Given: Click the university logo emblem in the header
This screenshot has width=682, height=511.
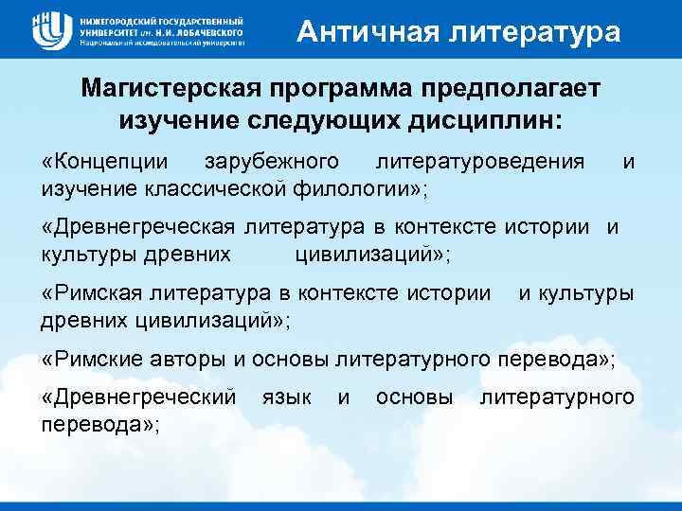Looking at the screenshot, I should coord(48,30).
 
